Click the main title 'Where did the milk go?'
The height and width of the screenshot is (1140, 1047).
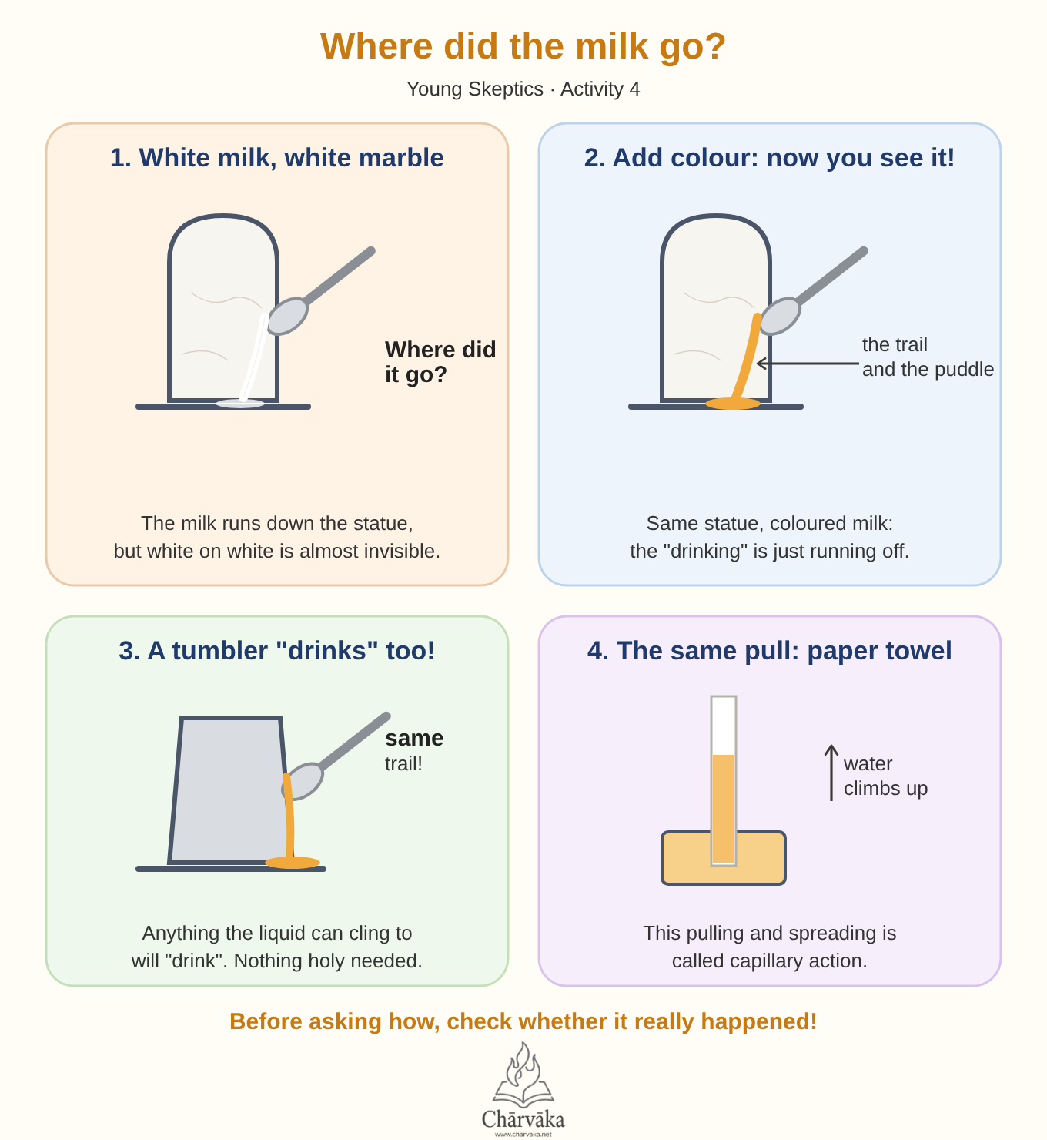click(523, 46)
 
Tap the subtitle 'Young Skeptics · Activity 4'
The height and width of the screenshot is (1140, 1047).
click(523, 89)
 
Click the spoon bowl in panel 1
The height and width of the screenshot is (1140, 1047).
click(287, 316)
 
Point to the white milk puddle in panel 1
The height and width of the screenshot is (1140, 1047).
click(240, 404)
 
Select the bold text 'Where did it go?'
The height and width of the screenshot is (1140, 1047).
click(440, 362)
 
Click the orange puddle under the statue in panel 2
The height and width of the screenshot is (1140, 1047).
click(733, 404)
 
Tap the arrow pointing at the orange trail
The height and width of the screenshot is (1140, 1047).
click(808, 363)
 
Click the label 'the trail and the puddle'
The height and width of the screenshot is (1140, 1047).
click(928, 357)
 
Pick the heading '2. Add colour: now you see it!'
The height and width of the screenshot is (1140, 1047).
click(769, 157)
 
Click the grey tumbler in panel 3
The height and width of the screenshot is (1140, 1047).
click(229, 790)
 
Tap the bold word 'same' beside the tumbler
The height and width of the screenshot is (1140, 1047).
click(414, 738)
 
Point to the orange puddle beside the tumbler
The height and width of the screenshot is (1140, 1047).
click(293, 863)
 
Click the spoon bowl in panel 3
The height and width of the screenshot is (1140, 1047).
click(303, 781)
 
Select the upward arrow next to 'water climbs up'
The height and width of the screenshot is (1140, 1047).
click(831, 773)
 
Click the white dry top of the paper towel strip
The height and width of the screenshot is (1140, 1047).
click(723, 726)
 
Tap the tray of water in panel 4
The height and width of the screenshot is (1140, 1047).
click(723, 858)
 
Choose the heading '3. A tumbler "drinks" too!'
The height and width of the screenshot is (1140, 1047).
click(276, 651)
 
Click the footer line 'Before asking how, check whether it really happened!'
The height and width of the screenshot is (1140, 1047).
click(523, 1022)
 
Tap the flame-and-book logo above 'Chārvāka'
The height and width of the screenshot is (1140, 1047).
click(523, 1074)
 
